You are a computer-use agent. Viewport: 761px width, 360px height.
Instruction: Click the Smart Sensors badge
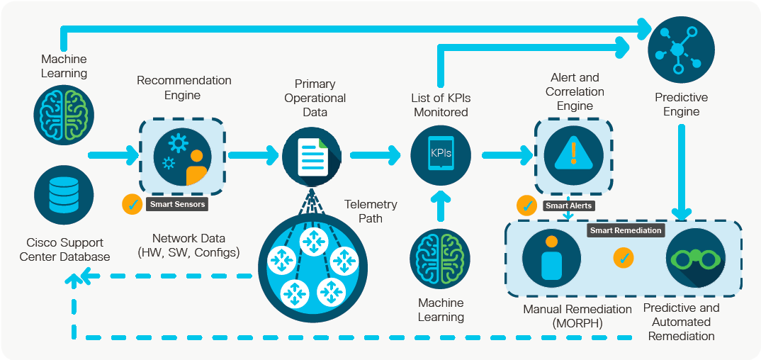pos(177,205)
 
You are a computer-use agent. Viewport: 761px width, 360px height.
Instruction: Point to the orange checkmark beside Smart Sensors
pos(133,204)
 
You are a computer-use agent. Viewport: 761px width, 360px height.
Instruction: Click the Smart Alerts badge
pos(569,206)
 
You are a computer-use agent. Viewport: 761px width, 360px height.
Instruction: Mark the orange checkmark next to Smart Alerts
pos(527,206)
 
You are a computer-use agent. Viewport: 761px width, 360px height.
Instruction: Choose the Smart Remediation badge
pos(626,230)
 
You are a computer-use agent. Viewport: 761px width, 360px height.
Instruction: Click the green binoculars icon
pos(695,258)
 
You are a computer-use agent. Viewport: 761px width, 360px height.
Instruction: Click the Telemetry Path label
pos(371,211)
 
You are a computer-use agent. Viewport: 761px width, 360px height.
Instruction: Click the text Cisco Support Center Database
pos(64,249)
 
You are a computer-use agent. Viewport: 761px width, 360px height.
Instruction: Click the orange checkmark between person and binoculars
pos(624,258)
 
